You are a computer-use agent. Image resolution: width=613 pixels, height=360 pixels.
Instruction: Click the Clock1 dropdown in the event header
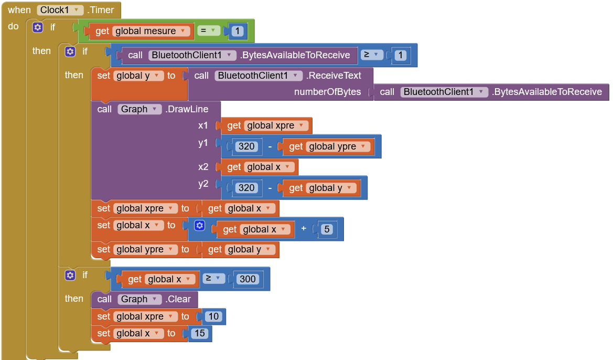61,10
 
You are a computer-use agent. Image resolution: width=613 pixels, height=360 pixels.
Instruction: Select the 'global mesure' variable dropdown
150,31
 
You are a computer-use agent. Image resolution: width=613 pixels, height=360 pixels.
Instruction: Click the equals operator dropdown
209,31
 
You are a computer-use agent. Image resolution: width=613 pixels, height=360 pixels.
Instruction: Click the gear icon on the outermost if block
38,27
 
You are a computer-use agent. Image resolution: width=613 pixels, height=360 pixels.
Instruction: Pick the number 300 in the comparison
248,279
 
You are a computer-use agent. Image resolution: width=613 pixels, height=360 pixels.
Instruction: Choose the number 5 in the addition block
326,229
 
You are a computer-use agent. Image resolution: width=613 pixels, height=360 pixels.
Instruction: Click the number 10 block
214,316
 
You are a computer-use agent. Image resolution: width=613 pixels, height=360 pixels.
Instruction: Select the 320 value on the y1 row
246,146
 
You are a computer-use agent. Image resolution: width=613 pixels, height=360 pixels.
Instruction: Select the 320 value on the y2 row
246,188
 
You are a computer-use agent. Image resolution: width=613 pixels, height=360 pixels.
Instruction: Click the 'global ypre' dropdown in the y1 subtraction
337,146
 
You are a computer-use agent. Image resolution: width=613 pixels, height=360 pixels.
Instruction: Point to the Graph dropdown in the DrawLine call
139,109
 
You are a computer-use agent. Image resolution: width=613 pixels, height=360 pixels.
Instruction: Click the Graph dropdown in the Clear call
139,299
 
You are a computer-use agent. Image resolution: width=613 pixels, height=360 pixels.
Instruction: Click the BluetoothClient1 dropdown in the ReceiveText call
258,76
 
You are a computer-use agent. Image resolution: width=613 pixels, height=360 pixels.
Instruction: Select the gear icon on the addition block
199,226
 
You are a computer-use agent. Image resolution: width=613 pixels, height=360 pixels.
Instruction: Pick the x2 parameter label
203,167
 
